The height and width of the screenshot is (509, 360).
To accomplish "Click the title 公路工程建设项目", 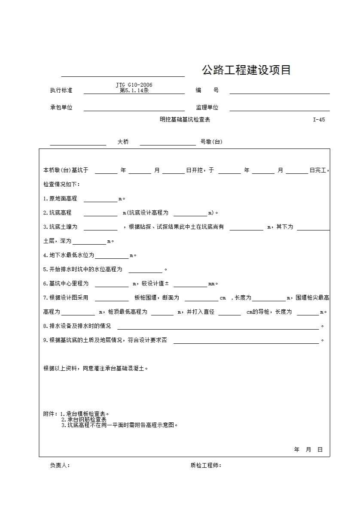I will click(x=246, y=70).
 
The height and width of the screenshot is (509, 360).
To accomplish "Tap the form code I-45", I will click(x=319, y=120).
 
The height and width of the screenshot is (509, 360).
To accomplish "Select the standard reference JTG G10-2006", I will click(x=134, y=85).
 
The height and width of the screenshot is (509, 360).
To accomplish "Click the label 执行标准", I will click(x=61, y=91).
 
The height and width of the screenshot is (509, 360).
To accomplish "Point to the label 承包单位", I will click(x=61, y=108).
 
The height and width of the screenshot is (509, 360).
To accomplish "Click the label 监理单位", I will click(x=207, y=108).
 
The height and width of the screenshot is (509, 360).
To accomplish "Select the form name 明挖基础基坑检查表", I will click(x=185, y=120).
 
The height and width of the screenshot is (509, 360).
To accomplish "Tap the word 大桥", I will click(x=123, y=142).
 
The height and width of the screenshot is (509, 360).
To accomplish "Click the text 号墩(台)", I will click(x=211, y=142).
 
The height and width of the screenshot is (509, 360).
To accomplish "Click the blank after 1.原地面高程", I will click(x=101, y=200).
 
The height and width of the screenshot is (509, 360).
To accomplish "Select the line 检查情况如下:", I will click(x=61, y=185).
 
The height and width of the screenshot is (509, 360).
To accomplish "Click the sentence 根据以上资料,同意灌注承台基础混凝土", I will click(x=95, y=368).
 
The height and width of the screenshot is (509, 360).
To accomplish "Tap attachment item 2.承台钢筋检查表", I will click(x=84, y=420).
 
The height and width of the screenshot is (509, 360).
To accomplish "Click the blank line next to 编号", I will click(x=279, y=91).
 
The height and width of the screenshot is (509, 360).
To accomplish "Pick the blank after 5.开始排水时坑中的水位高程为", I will click(x=145, y=270).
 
